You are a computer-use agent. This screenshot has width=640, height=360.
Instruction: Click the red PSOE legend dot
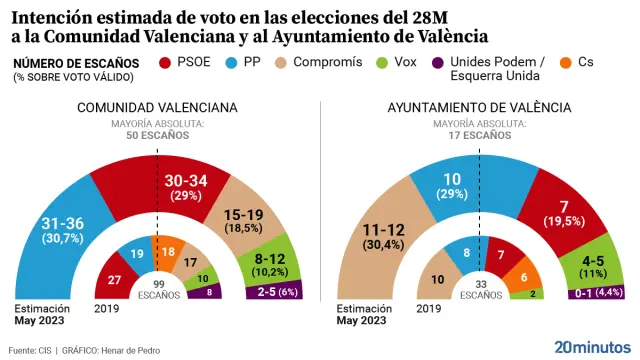click(166, 63)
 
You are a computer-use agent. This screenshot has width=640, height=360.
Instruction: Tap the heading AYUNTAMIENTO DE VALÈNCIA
click(479, 107)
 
